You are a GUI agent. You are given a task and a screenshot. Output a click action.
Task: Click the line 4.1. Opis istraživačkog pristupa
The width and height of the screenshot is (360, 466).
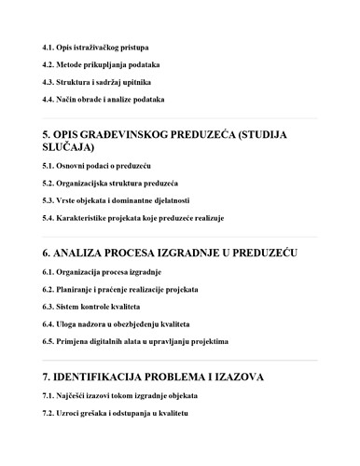96,47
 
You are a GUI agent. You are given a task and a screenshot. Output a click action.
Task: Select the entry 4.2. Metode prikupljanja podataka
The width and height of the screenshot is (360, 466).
101,64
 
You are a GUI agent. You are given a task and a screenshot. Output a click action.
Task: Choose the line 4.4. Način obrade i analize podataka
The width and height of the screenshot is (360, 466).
104,99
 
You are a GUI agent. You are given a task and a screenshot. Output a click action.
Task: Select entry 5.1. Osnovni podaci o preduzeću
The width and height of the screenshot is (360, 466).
97,165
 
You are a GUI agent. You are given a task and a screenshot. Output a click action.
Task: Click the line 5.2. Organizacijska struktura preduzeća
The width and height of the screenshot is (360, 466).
110,183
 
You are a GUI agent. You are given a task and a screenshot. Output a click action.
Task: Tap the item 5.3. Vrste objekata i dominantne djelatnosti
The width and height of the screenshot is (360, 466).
116,200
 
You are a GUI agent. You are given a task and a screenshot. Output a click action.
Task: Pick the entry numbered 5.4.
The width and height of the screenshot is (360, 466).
132,218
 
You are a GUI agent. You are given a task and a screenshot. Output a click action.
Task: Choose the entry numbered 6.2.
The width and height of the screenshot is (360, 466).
120,289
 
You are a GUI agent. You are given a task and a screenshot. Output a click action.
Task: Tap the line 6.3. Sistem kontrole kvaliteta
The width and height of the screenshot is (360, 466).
91,307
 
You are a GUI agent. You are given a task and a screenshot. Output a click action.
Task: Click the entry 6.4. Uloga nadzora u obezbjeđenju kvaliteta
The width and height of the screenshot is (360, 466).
116,323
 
